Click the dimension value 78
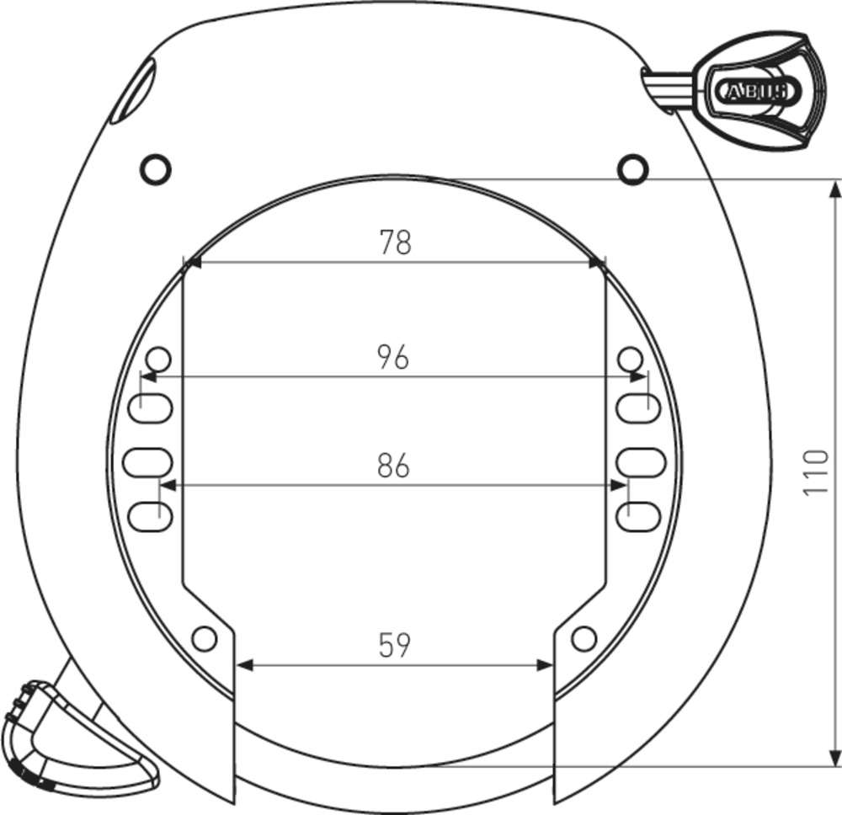(394, 242)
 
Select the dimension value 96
(393, 357)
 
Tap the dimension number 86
(393, 466)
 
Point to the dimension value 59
(394, 646)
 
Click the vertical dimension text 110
(815, 472)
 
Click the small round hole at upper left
(155, 169)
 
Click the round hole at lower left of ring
(204, 639)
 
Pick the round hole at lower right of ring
(583, 639)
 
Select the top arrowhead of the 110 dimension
(834, 188)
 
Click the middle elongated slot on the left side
(147, 461)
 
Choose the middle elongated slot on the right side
(642, 461)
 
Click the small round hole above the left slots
(159, 360)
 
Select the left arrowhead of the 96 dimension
(148, 378)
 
